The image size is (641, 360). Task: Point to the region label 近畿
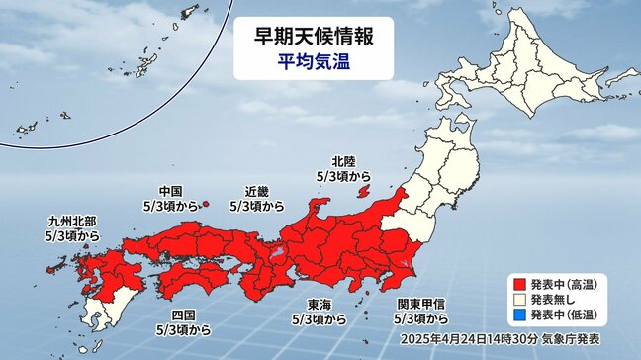coord(256,191)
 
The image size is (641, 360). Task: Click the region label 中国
coord(171,191)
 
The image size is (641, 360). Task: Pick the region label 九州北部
coord(72,224)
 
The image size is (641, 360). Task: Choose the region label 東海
coord(319,304)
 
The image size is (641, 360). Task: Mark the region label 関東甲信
coord(420,304)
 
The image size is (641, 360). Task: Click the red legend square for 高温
coord(519,282)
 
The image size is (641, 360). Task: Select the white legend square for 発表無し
coord(519,299)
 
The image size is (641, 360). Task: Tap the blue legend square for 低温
coord(519,315)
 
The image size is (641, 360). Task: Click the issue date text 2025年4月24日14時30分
coord(444,341)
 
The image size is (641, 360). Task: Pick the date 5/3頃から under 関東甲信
coord(420,318)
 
